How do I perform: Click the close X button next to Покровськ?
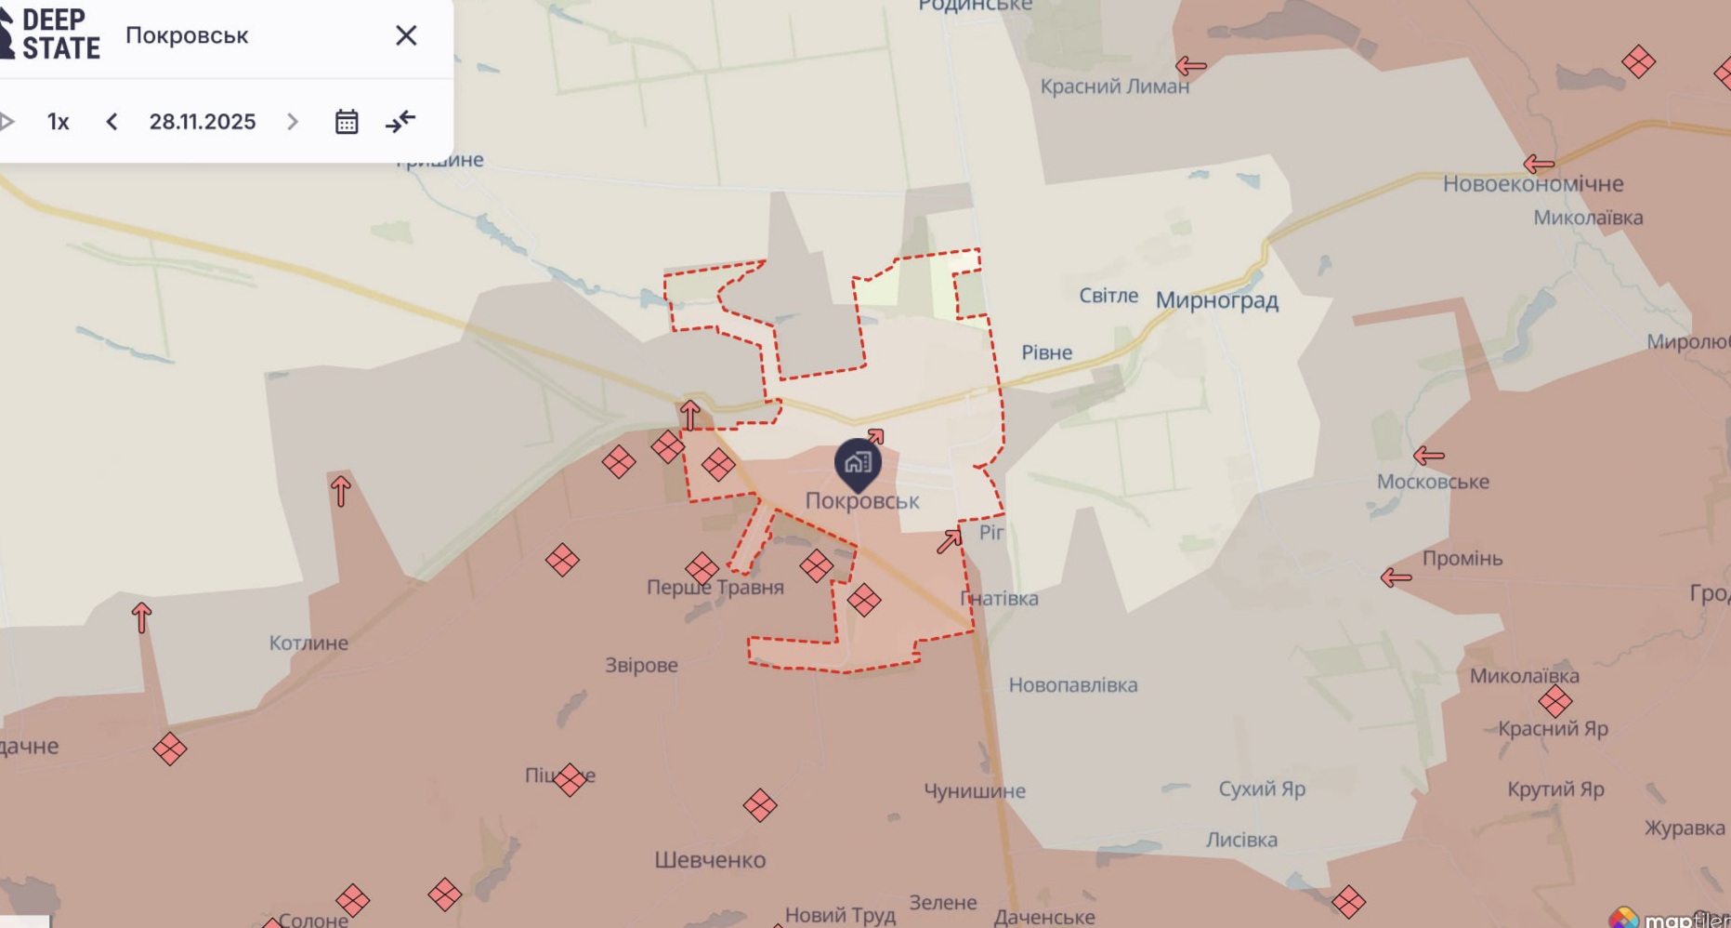click(406, 35)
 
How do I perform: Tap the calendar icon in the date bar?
click(347, 122)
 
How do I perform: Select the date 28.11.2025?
click(203, 122)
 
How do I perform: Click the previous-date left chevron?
click(111, 122)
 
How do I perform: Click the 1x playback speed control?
click(58, 122)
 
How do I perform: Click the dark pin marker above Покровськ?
click(857, 463)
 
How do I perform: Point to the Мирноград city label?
click(1216, 300)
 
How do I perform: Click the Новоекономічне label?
click(1532, 184)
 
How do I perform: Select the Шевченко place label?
click(710, 860)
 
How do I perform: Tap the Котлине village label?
click(308, 643)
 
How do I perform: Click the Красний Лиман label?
click(1114, 86)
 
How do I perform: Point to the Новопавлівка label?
click(1072, 685)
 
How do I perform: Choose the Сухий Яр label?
click(1261, 789)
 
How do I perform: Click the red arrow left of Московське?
click(1428, 456)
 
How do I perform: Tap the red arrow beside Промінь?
click(1396, 577)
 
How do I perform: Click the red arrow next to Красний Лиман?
click(1190, 66)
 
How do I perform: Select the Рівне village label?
click(1046, 352)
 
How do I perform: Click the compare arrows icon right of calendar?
click(400, 122)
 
